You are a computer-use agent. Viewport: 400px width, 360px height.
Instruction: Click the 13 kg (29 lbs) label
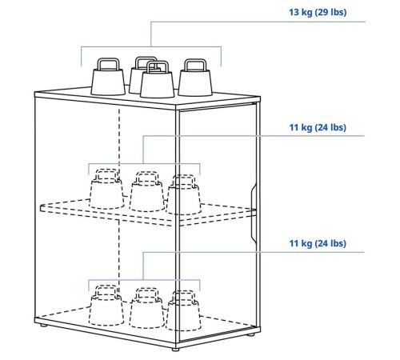[x=318, y=12]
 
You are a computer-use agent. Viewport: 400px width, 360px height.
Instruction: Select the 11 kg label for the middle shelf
[x=318, y=127]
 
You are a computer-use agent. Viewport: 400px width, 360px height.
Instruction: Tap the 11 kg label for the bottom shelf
[x=318, y=243]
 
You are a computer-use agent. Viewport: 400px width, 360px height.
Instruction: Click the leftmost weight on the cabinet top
[x=108, y=78]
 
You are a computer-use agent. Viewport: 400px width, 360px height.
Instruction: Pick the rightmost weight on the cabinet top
[x=195, y=78]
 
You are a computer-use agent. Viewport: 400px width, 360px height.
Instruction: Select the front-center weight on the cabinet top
[x=158, y=80]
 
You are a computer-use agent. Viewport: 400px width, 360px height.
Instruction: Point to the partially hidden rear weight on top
[x=138, y=74]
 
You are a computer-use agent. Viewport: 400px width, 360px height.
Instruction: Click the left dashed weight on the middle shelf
[x=106, y=189]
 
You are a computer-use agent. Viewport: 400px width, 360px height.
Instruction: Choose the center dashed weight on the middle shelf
[x=147, y=192]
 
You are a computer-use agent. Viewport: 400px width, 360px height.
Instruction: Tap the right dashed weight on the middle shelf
[x=184, y=195]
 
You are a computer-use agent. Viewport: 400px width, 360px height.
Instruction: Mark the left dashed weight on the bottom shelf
[x=106, y=306]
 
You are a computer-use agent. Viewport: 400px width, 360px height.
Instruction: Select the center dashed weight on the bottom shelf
[x=147, y=308]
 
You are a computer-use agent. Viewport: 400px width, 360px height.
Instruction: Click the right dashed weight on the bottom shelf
[x=184, y=311]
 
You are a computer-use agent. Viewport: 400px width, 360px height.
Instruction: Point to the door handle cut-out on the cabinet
[x=253, y=214]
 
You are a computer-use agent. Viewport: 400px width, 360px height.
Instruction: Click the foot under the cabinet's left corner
[x=42, y=326]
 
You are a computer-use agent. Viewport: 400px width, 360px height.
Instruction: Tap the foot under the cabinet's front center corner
[x=175, y=349]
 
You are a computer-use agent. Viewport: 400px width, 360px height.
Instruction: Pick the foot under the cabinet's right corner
[x=251, y=334]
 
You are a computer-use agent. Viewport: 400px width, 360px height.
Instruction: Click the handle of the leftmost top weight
[x=108, y=64]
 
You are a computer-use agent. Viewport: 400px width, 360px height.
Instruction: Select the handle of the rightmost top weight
[x=195, y=65]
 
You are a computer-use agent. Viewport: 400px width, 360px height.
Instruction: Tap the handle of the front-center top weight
[x=158, y=67]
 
